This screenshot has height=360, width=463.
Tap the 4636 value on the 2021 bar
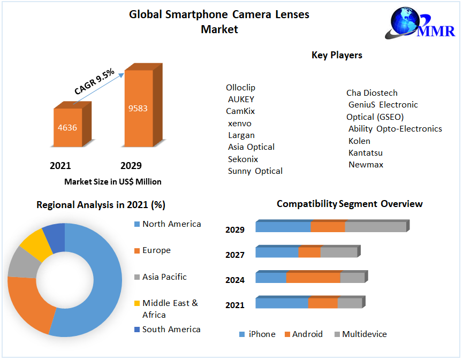click(68, 127)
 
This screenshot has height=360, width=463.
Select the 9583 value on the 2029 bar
click(138, 108)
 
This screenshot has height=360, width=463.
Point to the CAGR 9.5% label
click(94, 82)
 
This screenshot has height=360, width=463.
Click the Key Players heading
click(337, 55)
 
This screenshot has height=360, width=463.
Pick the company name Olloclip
click(240, 87)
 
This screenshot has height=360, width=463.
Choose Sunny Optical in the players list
click(255, 171)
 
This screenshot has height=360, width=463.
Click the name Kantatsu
click(366, 153)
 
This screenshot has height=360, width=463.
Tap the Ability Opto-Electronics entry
click(395, 129)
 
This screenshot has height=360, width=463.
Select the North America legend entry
click(171, 224)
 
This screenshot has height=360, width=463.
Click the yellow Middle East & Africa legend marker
click(137, 304)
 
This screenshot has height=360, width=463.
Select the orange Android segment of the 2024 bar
click(313, 278)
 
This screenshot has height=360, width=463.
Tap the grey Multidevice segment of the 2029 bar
click(375, 227)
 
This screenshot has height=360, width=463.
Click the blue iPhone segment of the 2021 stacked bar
click(282, 303)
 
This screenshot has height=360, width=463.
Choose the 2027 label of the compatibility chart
click(235, 255)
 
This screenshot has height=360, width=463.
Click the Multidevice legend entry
click(364, 334)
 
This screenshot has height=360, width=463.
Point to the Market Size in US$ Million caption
click(113, 182)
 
